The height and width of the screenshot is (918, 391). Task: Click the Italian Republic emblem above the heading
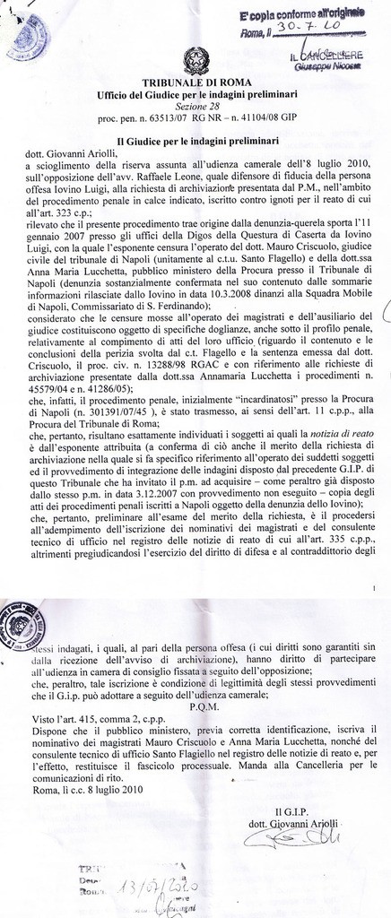(x=193, y=62)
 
